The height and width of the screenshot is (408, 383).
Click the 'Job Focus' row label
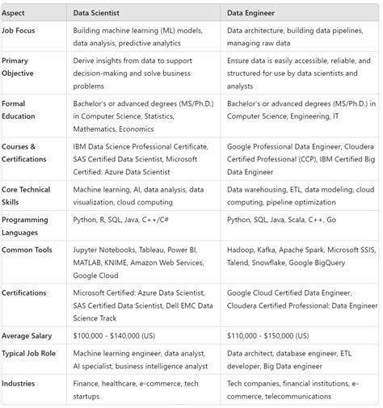pyautogui.click(x=20, y=29)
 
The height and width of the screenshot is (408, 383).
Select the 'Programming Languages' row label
pyautogui.click(x=25, y=225)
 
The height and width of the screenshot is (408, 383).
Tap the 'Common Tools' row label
pyautogui.click(x=27, y=250)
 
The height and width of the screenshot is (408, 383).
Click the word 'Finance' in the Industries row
pyautogui.click(x=90, y=384)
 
